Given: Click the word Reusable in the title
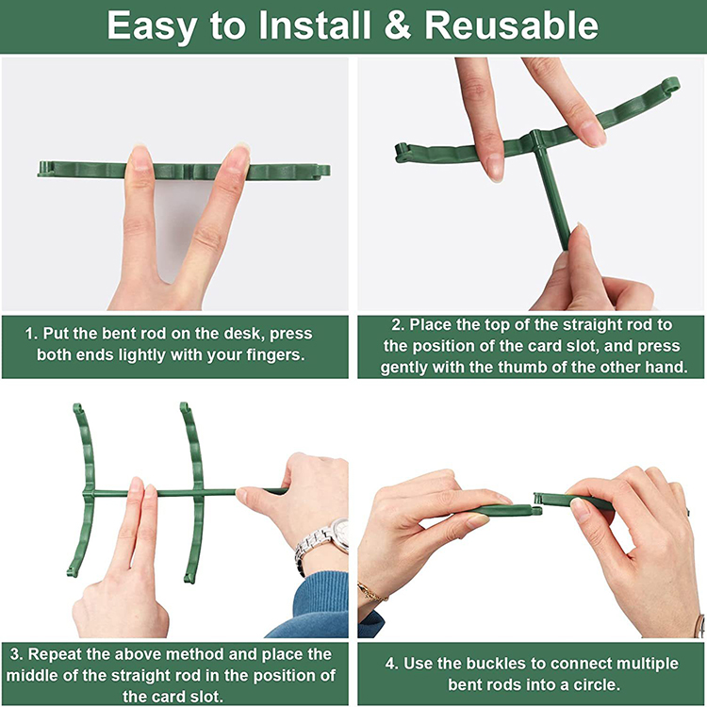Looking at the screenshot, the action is [x=511, y=25].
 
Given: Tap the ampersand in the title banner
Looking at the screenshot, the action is [x=397, y=25].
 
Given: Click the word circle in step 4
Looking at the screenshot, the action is [x=597, y=685].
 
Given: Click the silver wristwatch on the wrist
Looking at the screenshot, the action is [x=322, y=543].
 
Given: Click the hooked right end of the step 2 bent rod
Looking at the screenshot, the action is [x=670, y=86].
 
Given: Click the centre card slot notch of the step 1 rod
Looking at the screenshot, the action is [x=189, y=171].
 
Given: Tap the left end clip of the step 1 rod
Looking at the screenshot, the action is [x=45, y=169].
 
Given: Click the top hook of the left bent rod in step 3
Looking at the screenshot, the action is [x=77, y=408].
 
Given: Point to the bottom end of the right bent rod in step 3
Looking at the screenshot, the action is [x=189, y=579].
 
